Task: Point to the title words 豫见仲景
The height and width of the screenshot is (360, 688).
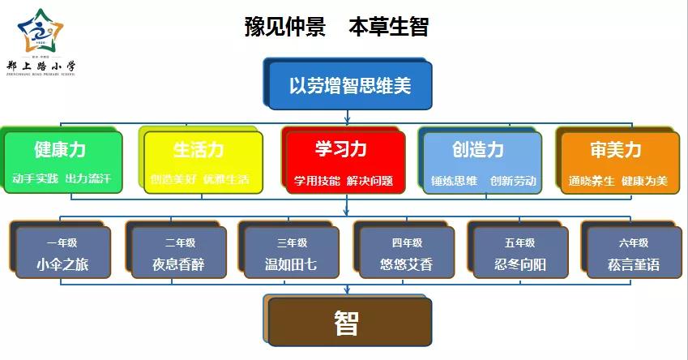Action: click(285, 27)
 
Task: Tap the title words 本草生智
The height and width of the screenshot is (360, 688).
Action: click(388, 27)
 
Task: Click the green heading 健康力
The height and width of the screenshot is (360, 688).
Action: click(60, 150)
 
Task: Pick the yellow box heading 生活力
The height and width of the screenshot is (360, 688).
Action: click(199, 150)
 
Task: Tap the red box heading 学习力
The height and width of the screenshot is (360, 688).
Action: click(341, 149)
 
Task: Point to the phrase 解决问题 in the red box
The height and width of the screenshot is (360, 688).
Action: click(370, 180)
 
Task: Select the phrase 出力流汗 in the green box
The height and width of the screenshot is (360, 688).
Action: click(88, 178)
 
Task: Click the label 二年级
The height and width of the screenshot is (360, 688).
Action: click(179, 242)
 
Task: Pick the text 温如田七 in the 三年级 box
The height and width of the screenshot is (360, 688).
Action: click(292, 264)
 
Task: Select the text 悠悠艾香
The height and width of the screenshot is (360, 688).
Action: click(406, 264)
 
